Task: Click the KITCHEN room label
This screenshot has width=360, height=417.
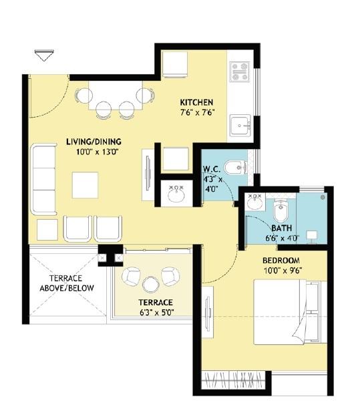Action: click(x=196, y=102)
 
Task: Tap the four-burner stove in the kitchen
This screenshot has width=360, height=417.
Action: click(x=240, y=72)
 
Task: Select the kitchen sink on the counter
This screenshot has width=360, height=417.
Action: click(x=240, y=125)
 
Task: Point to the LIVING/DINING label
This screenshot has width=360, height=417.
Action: click(x=94, y=142)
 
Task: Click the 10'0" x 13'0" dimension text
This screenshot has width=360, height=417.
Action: click(x=97, y=152)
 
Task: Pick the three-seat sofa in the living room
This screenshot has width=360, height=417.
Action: click(x=44, y=179)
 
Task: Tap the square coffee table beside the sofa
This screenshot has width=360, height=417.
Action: click(x=85, y=185)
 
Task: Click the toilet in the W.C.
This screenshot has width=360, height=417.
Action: click(x=235, y=168)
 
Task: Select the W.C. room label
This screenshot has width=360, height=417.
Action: click(x=212, y=169)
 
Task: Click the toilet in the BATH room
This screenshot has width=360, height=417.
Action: click(x=281, y=210)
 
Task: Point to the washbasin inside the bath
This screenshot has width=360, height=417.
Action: click(x=254, y=202)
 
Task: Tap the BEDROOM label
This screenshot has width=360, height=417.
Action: click(x=281, y=261)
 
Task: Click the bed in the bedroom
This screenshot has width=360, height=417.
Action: click(x=291, y=311)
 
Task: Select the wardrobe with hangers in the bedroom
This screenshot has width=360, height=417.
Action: click(x=234, y=380)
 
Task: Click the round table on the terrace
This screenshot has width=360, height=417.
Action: click(x=151, y=284)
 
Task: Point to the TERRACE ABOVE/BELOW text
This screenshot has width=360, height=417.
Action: click(x=67, y=283)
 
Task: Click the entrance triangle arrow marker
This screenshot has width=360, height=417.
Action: click(x=44, y=55)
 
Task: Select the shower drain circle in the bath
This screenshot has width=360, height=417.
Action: click(x=323, y=197)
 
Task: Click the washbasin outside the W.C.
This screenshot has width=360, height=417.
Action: click(x=176, y=193)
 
